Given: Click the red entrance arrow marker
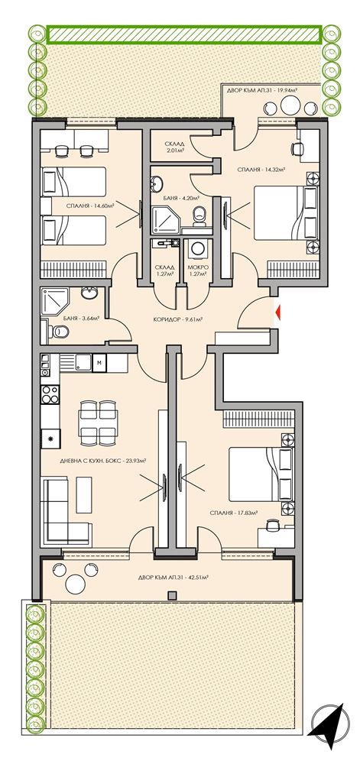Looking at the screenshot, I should (279, 311).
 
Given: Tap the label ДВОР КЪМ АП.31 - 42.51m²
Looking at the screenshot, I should (170, 578).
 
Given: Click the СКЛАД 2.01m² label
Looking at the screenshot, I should (174, 146).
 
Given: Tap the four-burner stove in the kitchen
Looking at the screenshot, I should (50, 396).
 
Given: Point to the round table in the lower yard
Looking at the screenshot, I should (74, 584).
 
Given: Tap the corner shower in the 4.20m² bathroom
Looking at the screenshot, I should (166, 219).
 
